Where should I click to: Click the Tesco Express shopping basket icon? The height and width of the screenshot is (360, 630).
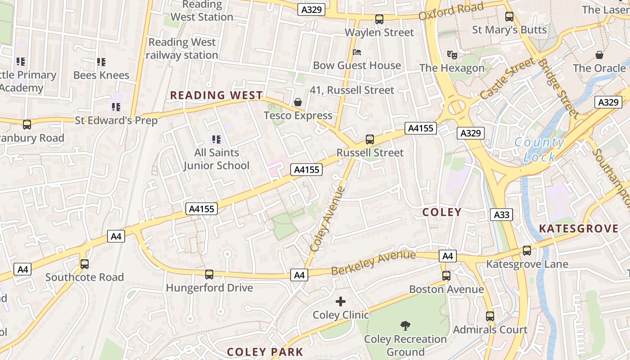tap(297, 103)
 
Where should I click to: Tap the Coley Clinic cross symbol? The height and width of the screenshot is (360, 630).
tap(341, 301)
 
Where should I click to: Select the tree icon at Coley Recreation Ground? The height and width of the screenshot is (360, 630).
tap(405, 325)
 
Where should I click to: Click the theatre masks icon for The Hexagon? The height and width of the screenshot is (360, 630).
tap(452, 55)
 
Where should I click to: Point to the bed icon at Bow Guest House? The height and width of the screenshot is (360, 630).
tap(357, 52)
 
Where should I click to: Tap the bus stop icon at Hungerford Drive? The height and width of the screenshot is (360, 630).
tap(209, 274)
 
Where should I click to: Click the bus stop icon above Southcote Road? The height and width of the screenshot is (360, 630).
tap(85, 264)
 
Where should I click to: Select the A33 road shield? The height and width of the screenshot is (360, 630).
tap(501, 215)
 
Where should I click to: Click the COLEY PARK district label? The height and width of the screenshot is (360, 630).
tap(265, 352)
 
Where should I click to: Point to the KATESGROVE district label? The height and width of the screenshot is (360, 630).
tap(579, 229)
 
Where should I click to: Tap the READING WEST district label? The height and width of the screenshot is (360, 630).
tap(216, 95)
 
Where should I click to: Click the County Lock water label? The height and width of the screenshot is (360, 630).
tap(539, 150)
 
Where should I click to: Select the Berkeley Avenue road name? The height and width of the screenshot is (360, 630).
tap(373, 263)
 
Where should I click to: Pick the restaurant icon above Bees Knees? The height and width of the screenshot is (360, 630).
tap(101, 62)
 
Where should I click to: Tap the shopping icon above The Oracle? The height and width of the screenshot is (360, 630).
tap(599, 55)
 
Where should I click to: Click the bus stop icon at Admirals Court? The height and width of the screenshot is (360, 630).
tap(490, 316)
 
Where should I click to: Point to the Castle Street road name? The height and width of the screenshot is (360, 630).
tap(507, 79)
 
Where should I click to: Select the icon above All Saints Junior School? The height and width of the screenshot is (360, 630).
tap(216, 139)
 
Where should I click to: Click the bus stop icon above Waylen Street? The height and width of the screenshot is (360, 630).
tap(379, 19)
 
